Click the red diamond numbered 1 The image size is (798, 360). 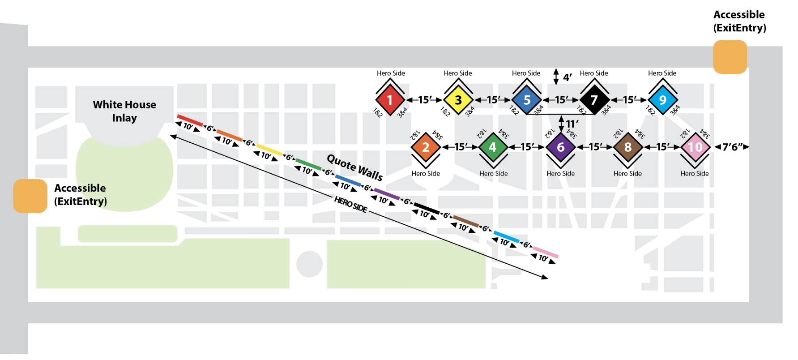click(390, 100)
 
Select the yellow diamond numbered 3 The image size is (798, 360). click(458, 100)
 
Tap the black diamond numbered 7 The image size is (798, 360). click(594, 100)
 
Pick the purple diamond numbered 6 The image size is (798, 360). click(560, 147)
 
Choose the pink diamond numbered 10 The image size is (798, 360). click(695, 147)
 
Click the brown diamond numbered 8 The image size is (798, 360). click(627, 147)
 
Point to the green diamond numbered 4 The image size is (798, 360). click(493, 147)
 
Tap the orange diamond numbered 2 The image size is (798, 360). click(426, 147)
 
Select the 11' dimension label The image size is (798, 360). click(572, 124)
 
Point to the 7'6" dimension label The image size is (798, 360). click(732, 147)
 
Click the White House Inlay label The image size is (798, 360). click(124, 111)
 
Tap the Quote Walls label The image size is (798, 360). click(354, 167)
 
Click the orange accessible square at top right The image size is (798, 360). click(730, 57)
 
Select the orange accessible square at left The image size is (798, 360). click(30, 196)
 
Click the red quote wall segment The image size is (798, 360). click(190, 120)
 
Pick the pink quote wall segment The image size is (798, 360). click(546, 253)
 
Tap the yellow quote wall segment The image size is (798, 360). click(269, 150)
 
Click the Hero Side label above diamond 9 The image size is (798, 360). click(662, 73)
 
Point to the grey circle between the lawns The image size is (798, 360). click(309, 264)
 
